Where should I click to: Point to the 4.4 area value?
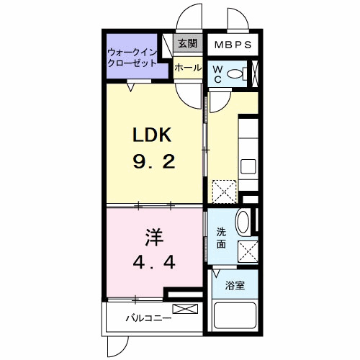tap(154, 263)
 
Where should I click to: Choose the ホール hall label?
tap(187, 67)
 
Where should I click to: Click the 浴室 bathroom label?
tap(235, 285)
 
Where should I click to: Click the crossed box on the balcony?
tap(184, 310)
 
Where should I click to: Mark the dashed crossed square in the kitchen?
tap(222, 191)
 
